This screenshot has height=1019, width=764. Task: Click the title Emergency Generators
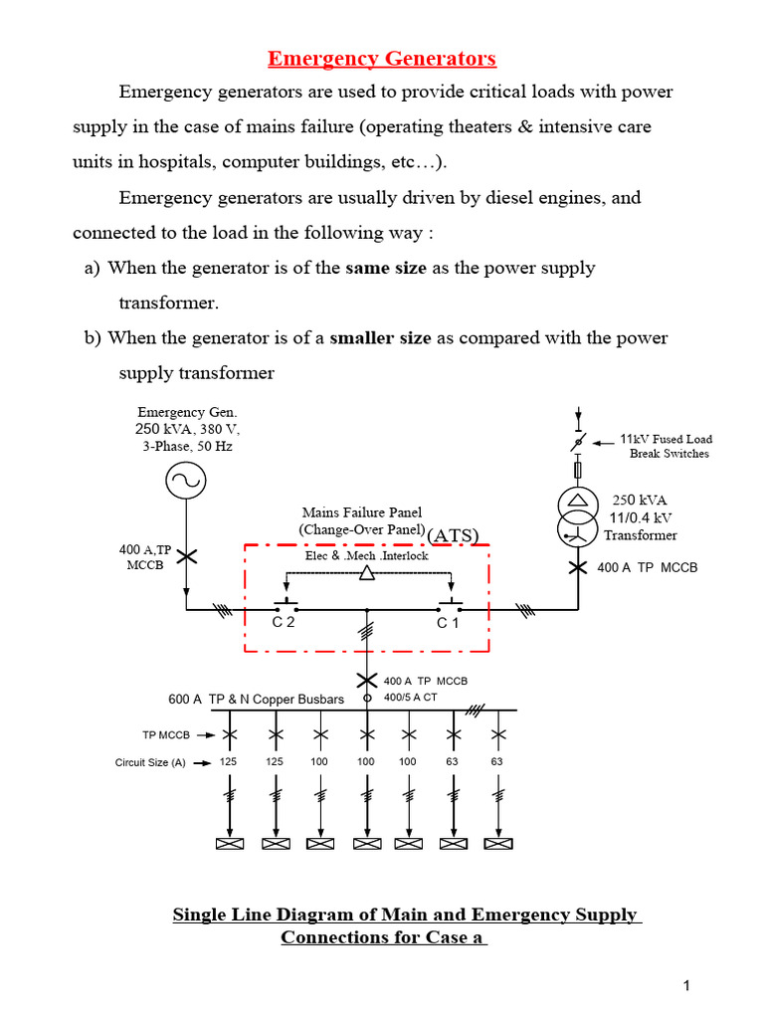pos(382,59)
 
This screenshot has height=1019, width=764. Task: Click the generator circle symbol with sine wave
pos(186,483)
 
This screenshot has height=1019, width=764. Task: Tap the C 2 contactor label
pos(284,623)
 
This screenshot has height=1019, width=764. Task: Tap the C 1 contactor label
pos(448,623)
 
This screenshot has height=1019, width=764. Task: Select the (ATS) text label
pos(454,535)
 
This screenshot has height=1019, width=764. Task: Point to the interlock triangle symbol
pos(367,573)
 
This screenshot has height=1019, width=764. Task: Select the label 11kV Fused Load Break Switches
pos(666,446)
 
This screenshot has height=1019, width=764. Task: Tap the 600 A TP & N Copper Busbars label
pos(256,699)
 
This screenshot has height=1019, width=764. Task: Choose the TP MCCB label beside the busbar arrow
pos(164,735)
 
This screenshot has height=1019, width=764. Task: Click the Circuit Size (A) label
pos(150,763)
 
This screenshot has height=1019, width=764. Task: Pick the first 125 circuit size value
pos(229,762)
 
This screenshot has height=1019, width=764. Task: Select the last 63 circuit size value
pos(496,762)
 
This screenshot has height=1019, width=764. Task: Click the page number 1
pos(686,986)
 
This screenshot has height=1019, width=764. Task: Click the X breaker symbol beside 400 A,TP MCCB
pos(186,556)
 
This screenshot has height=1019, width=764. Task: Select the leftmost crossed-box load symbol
pos(230,845)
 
